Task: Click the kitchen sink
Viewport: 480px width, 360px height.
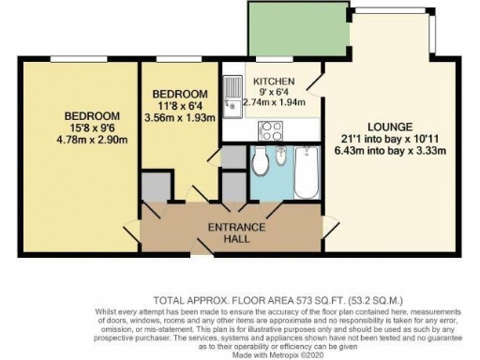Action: click(x=232, y=96)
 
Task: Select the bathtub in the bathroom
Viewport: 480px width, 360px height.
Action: click(x=306, y=171)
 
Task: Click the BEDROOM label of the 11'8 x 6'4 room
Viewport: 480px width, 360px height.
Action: click(x=180, y=94)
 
